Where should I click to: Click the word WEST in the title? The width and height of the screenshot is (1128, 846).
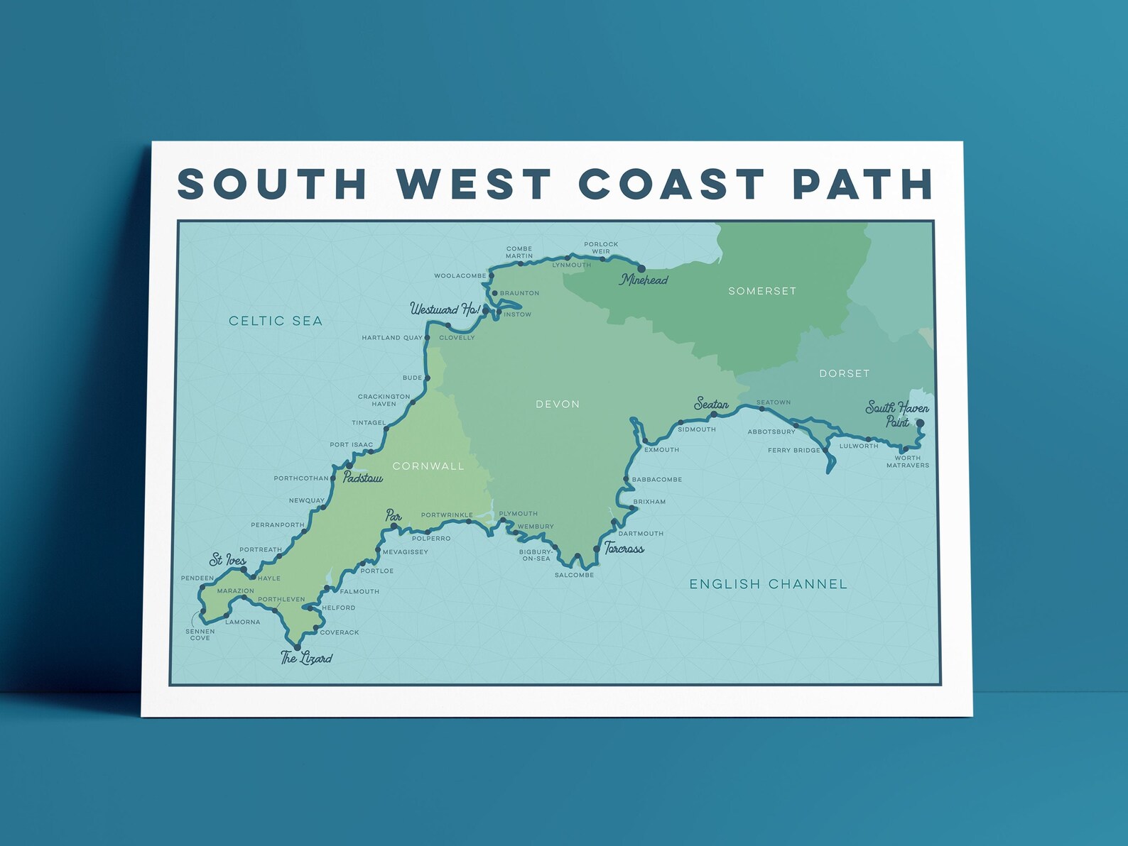474,184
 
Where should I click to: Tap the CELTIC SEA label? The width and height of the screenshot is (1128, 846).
276,321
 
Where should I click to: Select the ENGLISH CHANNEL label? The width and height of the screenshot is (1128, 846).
768,584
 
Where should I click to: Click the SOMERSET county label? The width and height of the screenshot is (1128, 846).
762,291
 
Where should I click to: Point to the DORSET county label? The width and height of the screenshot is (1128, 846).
844,373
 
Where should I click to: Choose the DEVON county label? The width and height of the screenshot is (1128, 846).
558,404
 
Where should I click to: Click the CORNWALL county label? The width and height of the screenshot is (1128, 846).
428,466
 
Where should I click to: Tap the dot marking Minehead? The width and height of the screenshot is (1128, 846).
641,269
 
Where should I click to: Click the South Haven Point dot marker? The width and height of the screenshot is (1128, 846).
920,423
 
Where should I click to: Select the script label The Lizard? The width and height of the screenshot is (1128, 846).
306,658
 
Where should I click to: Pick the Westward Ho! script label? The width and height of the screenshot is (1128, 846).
445,309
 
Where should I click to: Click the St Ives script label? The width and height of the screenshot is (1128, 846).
227,560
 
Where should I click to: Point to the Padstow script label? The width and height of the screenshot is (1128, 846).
363,478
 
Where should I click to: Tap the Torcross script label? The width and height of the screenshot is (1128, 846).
624,548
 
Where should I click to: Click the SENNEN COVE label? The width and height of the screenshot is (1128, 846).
200,634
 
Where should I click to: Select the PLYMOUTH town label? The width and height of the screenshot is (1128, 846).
519,514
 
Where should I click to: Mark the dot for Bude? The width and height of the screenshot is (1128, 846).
427,378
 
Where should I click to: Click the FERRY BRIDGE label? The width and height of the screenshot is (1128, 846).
793,450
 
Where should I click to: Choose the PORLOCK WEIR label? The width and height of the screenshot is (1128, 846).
601,248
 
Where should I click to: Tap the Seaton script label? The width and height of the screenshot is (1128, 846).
711,404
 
